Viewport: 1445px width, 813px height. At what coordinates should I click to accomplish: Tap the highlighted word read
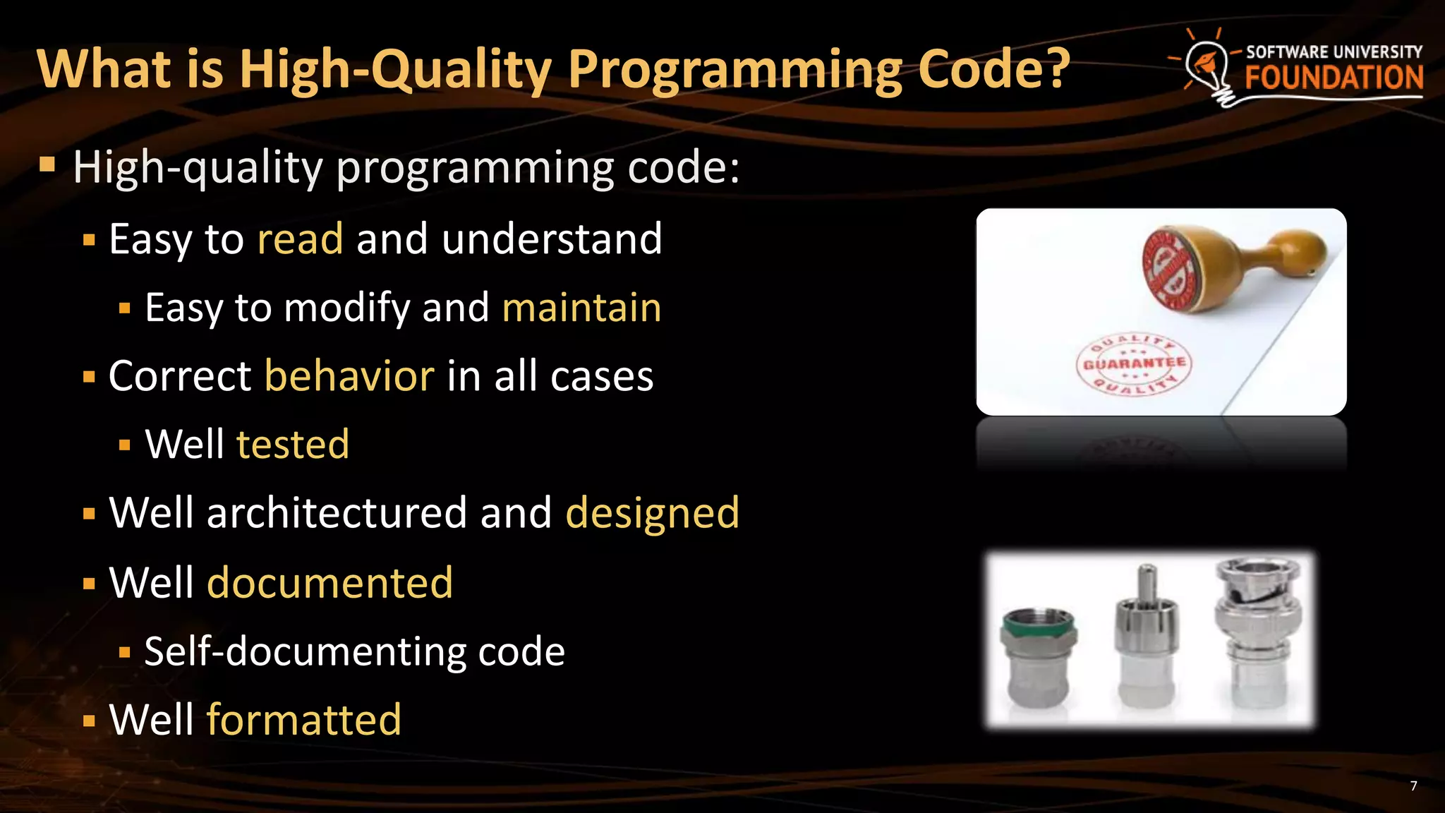[x=301, y=239]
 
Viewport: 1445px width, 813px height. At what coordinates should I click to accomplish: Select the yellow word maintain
[x=581, y=308]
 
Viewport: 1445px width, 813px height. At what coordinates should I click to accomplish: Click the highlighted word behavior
[x=349, y=375]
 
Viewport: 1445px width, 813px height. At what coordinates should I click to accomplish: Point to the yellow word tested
[x=293, y=444]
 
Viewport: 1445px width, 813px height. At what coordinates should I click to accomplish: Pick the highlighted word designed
[x=653, y=512]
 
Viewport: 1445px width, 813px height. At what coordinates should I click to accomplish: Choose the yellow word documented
[x=329, y=582]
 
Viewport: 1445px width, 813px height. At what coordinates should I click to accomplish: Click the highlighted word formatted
[x=304, y=719]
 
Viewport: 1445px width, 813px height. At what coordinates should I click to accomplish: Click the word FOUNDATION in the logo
[x=1334, y=78]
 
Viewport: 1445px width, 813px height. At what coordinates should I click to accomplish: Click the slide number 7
[x=1413, y=786]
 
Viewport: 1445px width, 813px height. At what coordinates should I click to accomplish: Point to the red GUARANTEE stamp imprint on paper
[x=1133, y=364]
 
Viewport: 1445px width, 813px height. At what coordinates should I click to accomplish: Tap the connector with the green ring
[x=1038, y=656]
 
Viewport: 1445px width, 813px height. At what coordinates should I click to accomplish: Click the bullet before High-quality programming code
[x=47, y=166]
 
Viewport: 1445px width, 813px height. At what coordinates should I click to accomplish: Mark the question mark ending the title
[x=1055, y=69]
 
